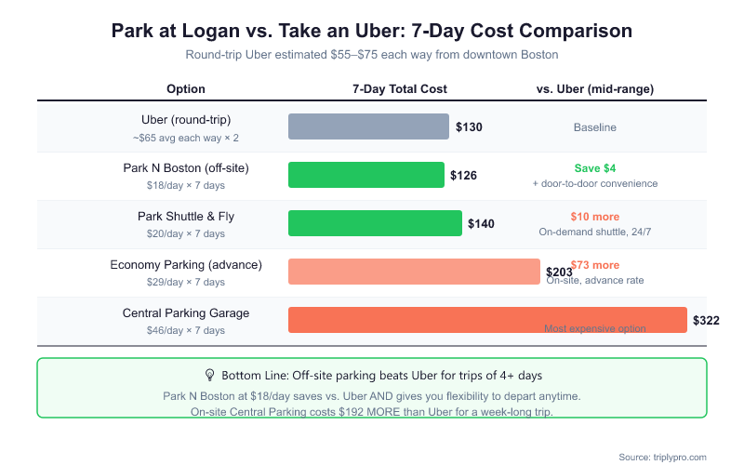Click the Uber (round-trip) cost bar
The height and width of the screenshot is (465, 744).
click(x=368, y=126)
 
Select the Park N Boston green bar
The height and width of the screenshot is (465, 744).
click(x=366, y=175)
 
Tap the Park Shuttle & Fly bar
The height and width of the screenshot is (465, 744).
click(x=375, y=223)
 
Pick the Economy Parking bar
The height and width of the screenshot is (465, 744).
click(x=414, y=272)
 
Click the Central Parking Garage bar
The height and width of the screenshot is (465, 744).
click(x=487, y=320)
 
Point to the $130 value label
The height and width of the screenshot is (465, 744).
click(x=469, y=127)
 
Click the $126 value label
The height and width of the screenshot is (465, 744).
click(x=463, y=176)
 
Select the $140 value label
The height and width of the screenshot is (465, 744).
click(x=481, y=224)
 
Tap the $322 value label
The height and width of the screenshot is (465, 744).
click(x=706, y=321)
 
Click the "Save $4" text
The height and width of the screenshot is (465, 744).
click(x=595, y=168)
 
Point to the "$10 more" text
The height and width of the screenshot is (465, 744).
click(x=595, y=217)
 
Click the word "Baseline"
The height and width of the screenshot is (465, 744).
click(x=595, y=127)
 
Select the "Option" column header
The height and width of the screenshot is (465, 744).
click(x=186, y=89)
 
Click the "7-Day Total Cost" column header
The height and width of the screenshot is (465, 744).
click(x=400, y=89)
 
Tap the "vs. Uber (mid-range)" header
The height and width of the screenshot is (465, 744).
click(x=595, y=89)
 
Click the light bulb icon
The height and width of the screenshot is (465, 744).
click(x=209, y=375)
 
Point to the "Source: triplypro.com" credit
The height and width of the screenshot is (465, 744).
click(x=662, y=457)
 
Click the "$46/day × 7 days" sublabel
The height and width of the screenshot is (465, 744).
click(x=186, y=330)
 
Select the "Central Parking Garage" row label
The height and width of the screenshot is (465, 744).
click(x=186, y=313)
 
